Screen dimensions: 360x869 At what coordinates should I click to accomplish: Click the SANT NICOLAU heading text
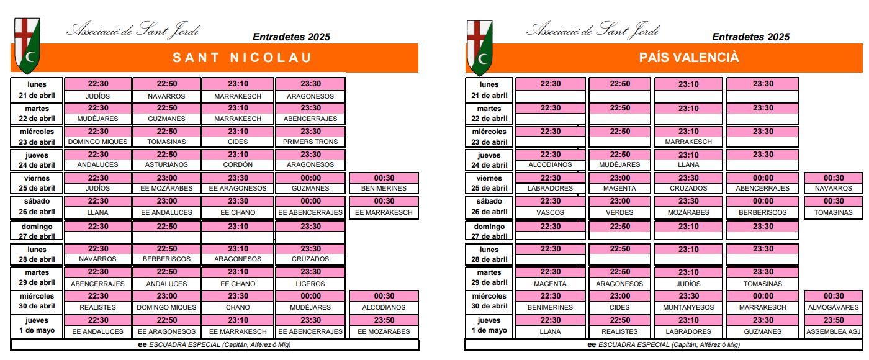[x=241, y=58]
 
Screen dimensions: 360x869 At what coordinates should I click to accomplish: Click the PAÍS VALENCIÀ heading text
[x=689, y=58]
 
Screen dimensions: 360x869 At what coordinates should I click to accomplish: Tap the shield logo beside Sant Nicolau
[x=27, y=45]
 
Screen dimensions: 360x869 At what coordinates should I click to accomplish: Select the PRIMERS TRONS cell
[x=310, y=142]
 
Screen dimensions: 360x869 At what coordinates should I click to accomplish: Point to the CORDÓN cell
[x=238, y=165]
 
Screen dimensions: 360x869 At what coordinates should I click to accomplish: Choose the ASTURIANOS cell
[x=166, y=165]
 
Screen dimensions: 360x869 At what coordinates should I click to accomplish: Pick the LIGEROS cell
[x=310, y=284]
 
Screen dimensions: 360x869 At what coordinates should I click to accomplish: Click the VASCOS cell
[x=550, y=212]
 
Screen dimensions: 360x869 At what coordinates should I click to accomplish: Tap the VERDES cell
[x=619, y=212]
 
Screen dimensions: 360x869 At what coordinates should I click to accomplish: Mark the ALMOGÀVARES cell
[x=833, y=307]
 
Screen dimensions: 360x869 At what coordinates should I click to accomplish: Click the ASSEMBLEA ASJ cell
[x=833, y=331]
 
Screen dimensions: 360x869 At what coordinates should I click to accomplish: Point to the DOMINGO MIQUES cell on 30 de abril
[x=166, y=307]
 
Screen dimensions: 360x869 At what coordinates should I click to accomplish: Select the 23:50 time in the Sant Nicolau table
[x=384, y=320]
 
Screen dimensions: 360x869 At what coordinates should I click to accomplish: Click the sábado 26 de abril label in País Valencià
[x=489, y=207]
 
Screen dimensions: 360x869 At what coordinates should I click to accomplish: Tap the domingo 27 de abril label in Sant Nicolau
[x=37, y=231]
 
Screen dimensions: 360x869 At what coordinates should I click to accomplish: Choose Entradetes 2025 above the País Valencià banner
[x=750, y=37]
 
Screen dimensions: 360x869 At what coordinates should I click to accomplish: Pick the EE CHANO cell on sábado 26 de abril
[x=238, y=212]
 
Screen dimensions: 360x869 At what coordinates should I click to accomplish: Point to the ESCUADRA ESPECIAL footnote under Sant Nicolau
[x=214, y=344]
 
